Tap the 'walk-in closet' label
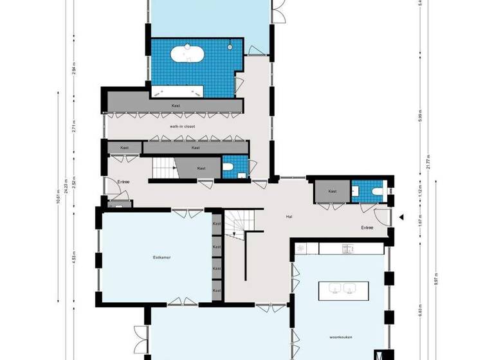coord(182,127)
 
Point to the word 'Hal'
coord(289,217)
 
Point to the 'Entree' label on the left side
coord(123,182)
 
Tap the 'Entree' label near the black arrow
coord(367,228)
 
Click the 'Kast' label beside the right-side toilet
coord(332,192)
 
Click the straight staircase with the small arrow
coord(166,169)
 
